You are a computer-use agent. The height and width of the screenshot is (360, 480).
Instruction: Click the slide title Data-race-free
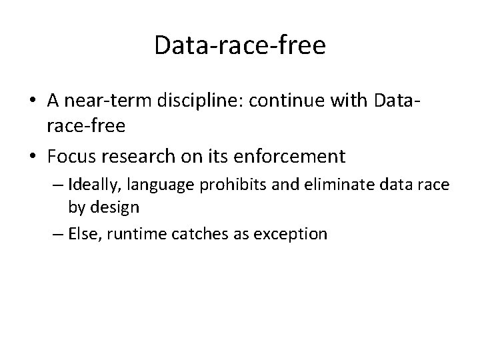239,45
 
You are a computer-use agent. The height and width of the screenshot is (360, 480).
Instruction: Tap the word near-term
100,100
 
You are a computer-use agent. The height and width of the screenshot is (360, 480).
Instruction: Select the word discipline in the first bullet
187,100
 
